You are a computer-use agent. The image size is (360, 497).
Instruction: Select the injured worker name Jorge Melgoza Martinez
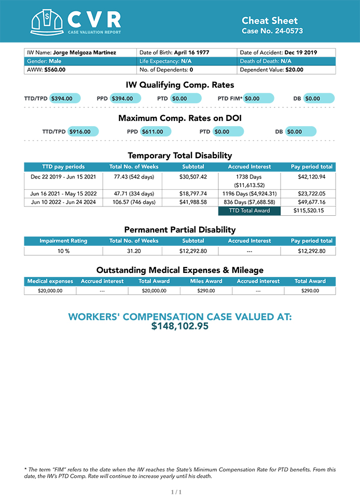pyautogui.click(x=84, y=52)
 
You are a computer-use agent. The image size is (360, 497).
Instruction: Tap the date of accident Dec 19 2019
pyautogui.click(x=300, y=52)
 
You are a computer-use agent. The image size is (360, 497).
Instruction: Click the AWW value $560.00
pyautogui.click(x=54, y=69)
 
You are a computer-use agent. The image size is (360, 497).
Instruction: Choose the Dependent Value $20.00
pyautogui.click(x=293, y=69)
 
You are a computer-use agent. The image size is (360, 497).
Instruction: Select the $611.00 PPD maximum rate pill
pyautogui.click(x=155, y=131)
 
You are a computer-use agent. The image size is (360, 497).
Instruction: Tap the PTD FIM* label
pyautogui.click(x=230, y=98)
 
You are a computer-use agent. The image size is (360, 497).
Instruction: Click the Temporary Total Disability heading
pyautogui.click(x=179, y=156)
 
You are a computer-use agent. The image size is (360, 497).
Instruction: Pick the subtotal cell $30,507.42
pyautogui.click(x=193, y=177)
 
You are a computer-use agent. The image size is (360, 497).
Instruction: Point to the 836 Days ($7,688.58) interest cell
pyautogui.click(x=249, y=202)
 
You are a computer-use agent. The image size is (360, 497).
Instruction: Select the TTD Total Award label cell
pyautogui.click(x=249, y=211)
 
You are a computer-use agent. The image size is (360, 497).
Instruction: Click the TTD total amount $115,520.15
pyautogui.click(x=308, y=211)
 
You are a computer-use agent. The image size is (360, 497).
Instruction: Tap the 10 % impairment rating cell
pyautogui.click(x=63, y=251)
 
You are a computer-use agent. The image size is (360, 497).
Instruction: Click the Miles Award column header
pyautogui.click(x=206, y=281)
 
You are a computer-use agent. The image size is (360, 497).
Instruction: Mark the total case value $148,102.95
pyautogui.click(x=179, y=326)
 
